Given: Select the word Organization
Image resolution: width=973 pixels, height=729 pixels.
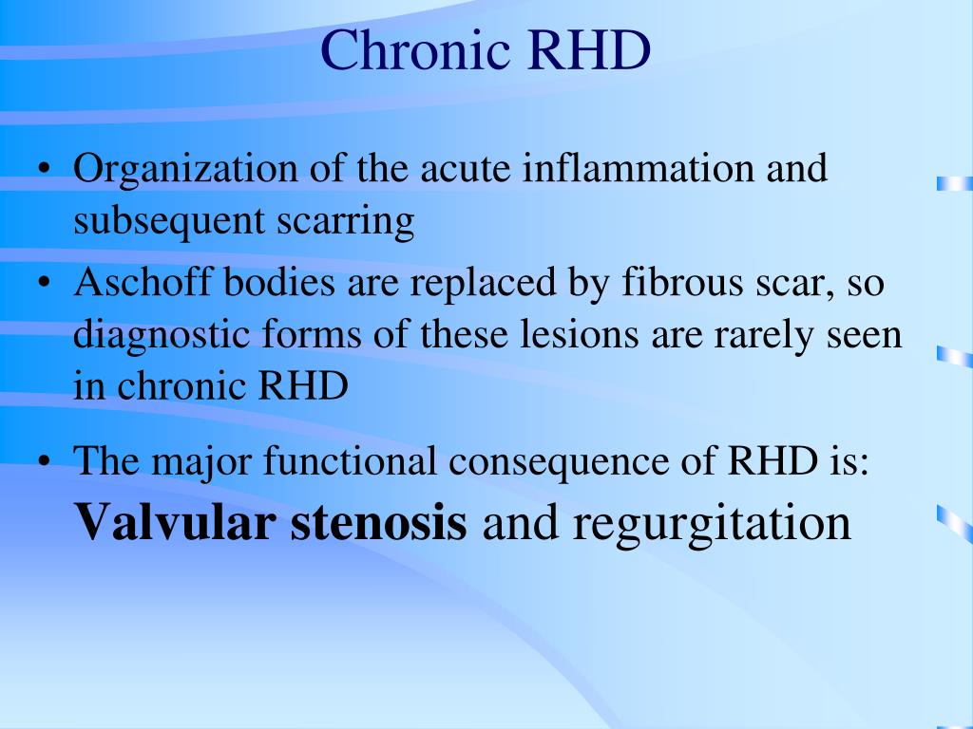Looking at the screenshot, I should click(186, 172).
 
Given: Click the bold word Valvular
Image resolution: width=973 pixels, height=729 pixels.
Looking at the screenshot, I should click(174, 523).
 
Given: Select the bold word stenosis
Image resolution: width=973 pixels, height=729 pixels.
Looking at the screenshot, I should click(379, 523).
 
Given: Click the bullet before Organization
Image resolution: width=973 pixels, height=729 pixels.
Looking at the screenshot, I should click(47, 172).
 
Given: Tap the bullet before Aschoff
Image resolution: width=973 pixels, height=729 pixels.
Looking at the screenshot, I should click(47, 285).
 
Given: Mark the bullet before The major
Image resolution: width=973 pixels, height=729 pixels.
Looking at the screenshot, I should click(47, 461).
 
